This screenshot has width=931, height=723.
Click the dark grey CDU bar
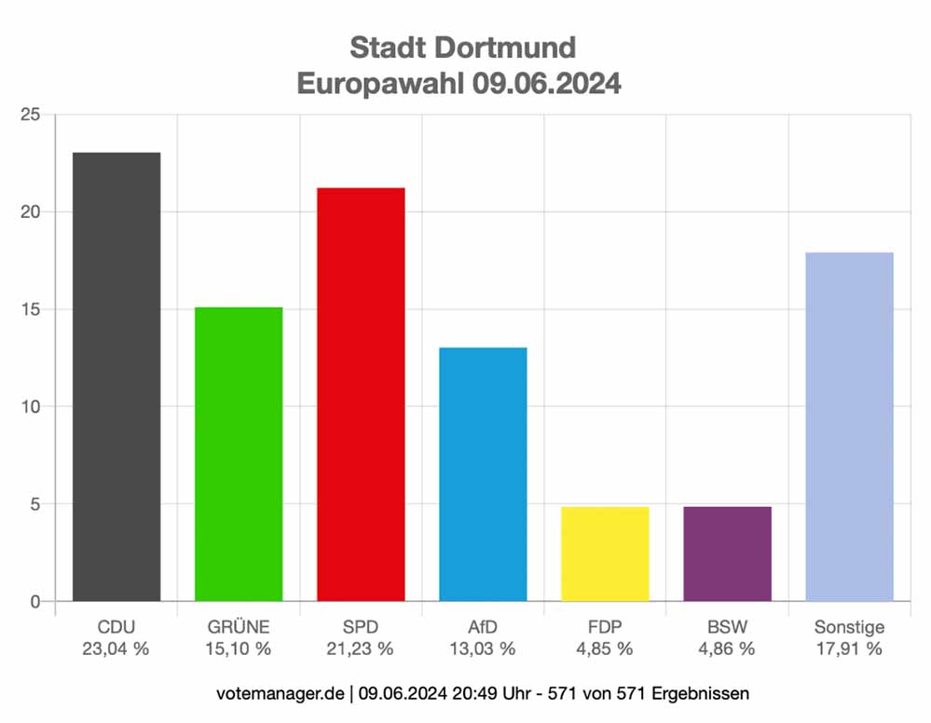[116, 376]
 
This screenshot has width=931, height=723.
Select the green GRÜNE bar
[239, 454]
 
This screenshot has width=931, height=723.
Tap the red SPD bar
[361, 394]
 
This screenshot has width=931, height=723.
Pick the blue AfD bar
[483, 474]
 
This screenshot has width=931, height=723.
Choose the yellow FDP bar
[605, 553]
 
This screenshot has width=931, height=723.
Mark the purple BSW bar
[727, 553]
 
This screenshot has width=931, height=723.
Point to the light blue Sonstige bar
[849, 427]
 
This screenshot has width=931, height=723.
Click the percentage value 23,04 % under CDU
[116, 649]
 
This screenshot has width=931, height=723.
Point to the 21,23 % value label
[361, 649]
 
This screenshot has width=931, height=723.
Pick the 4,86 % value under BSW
[727, 649]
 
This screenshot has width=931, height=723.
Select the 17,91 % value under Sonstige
[849, 649]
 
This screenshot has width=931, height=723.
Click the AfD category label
[483, 627]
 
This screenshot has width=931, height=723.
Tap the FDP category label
[605, 627]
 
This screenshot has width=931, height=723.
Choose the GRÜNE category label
[239, 627]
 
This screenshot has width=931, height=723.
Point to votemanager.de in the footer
[280, 694]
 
